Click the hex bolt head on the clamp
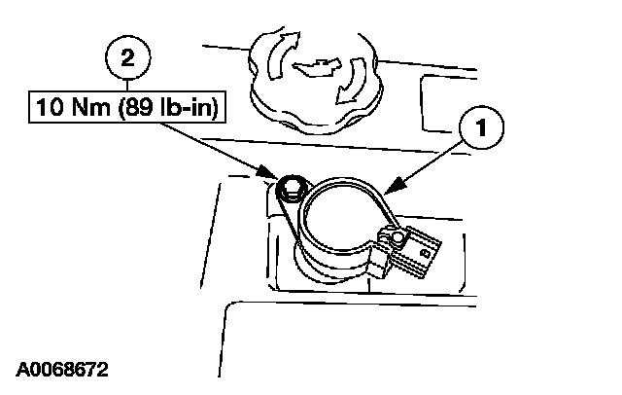289,188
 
